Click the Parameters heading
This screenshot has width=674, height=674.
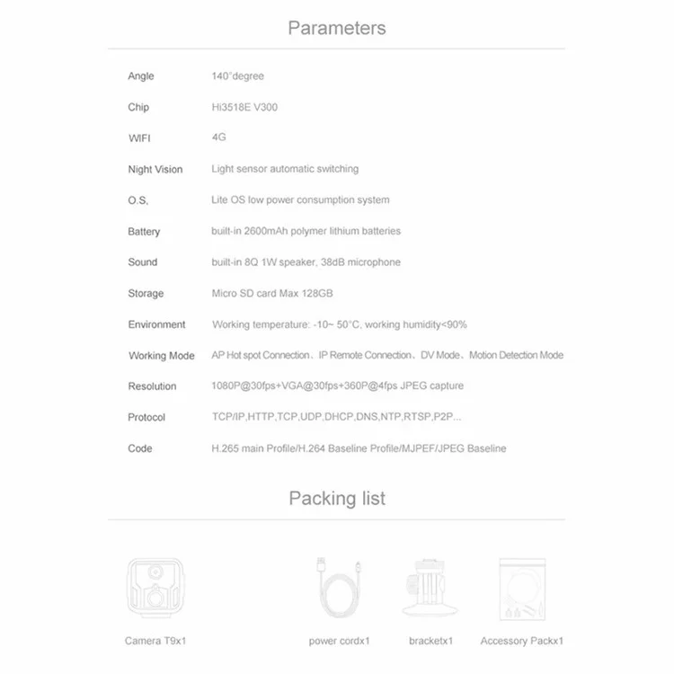[x=336, y=28]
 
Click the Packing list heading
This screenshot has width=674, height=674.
[x=336, y=498]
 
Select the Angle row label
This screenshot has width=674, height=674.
[x=141, y=76]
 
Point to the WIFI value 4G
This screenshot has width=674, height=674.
[x=218, y=137]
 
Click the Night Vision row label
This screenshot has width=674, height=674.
[x=155, y=169]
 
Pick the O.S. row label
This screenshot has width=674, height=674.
[x=137, y=200]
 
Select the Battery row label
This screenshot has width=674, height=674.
[x=144, y=231]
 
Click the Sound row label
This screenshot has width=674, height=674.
[x=142, y=262]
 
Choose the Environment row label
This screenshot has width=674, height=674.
[x=156, y=324]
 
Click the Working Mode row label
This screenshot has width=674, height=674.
[x=161, y=356]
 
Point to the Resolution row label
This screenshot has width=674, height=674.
[x=152, y=386]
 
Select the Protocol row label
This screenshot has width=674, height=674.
[x=146, y=417]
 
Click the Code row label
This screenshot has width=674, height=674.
[x=140, y=448]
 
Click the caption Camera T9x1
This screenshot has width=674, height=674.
[x=155, y=641]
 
